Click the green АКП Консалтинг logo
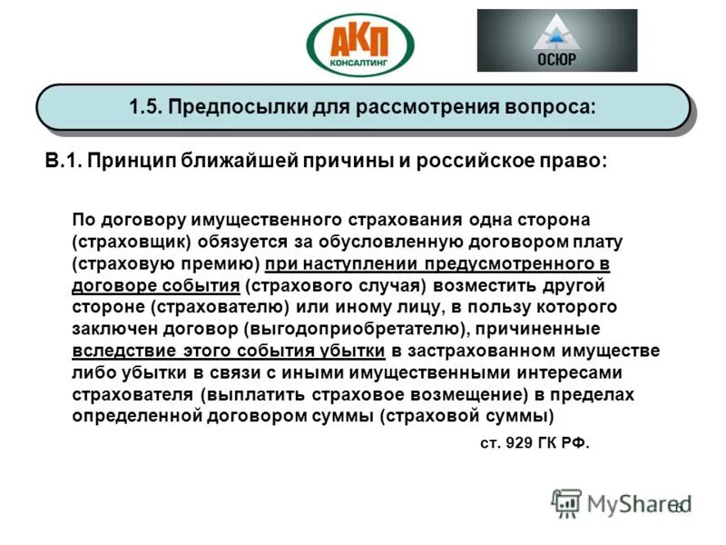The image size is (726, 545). click(x=360, y=44)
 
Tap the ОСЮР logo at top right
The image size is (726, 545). click(x=556, y=40)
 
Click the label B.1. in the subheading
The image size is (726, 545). click(x=64, y=161)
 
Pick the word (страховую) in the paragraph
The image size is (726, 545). click(x=120, y=264)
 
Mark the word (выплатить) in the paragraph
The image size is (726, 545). click(x=255, y=394)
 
